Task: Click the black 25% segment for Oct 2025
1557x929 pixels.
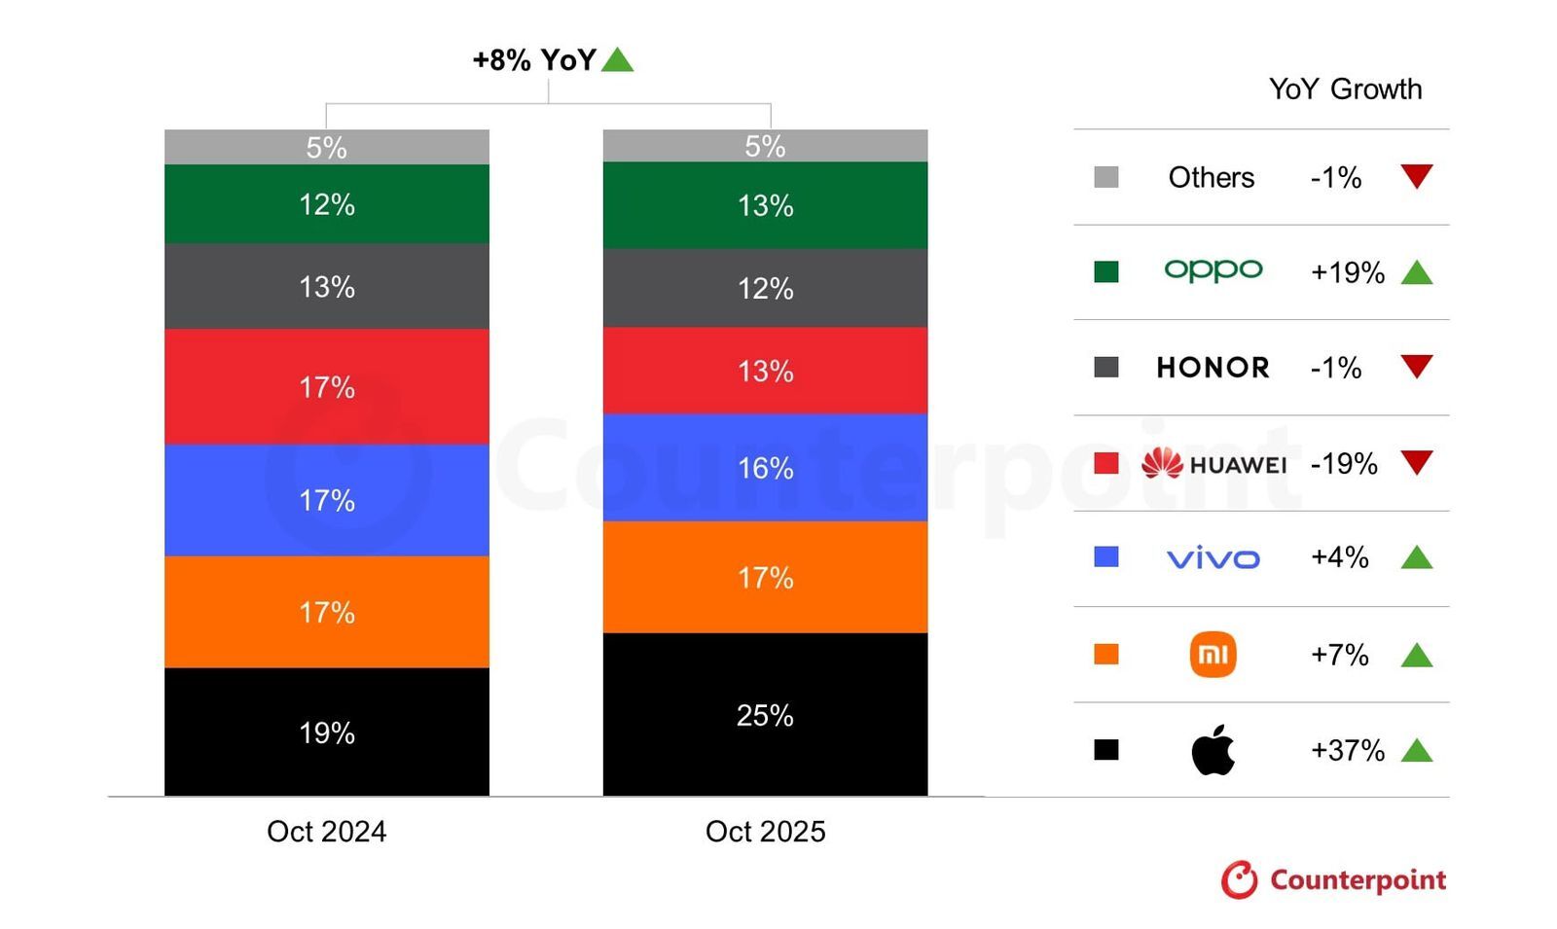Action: (765, 715)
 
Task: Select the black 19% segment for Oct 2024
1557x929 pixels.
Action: (326, 732)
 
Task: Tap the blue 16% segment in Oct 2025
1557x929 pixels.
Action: (765, 468)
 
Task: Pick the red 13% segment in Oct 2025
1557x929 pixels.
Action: (765, 371)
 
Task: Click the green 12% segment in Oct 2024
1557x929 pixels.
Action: (326, 204)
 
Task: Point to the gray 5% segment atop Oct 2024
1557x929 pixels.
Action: (326, 147)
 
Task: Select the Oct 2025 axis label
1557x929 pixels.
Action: (765, 831)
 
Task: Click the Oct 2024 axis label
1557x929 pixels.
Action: (326, 831)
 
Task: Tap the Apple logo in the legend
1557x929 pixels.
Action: (1213, 750)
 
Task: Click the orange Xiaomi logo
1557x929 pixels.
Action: (1213, 654)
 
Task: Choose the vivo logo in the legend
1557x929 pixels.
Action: (1213, 558)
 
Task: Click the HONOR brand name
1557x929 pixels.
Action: (1213, 368)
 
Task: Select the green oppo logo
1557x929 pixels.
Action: (1213, 270)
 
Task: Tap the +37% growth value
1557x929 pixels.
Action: (1347, 750)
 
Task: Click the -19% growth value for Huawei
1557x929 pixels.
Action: (1344, 463)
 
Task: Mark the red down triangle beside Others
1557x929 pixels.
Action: (1416, 176)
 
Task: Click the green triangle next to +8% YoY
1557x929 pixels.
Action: (617, 60)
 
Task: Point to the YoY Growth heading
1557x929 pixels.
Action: (1345, 89)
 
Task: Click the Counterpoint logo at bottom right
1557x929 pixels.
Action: (1333, 879)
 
